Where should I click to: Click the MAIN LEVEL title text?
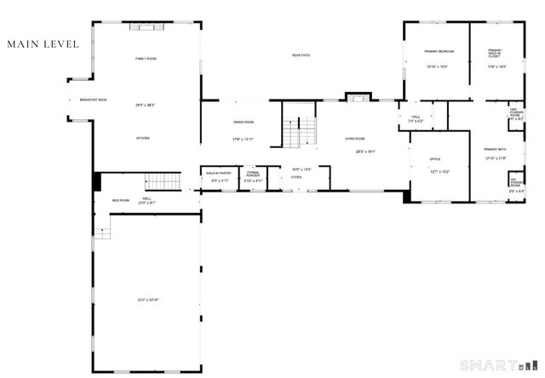pyautogui.click(x=43, y=43)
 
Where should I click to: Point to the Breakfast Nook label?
pyautogui.click(x=94, y=100)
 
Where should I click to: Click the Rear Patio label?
pyautogui.click(x=301, y=54)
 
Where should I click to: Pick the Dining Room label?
pyautogui.click(x=244, y=122)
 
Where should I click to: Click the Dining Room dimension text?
pyautogui.click(x=244, y=139)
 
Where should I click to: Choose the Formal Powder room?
pyautogui.click(x=254, y=176)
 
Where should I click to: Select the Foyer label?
pyautogui.click(x=296, y=178)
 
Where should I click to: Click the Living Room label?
pyautogui.click(x=355, y=138)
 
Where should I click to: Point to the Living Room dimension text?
pyautogui.click(x=366, y=152)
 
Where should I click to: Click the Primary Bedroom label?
pyautogui.click(x=439, y=52)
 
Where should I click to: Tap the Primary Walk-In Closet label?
pyautogui.click(x=495, y=53)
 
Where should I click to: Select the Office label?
pyautogui.click(x=434, y=159)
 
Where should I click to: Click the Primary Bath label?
pyautogui.click(x=496, y=150)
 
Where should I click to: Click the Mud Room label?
pyautogui.click(x=120, y=201)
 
